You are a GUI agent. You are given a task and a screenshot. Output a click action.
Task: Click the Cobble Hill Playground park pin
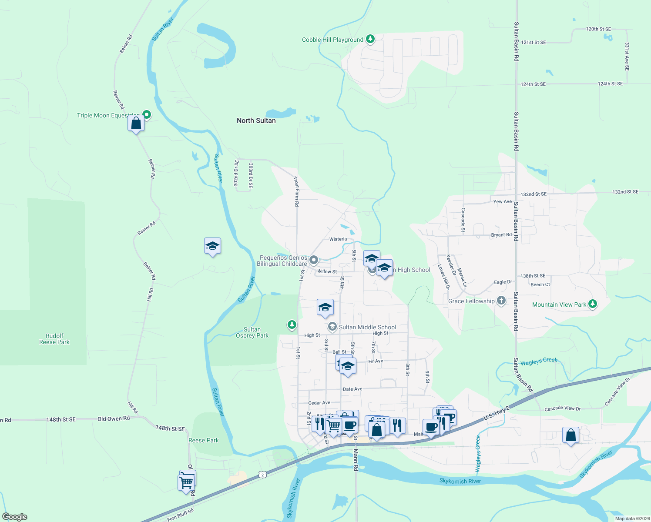[370, 40]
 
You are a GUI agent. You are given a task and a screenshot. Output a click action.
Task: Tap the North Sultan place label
[256, 120]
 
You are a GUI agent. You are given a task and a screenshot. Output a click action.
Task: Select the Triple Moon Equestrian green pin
[147, 115]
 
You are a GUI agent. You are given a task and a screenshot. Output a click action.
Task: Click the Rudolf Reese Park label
[54, 339]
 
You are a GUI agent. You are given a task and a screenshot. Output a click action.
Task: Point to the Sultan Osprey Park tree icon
[292, 325]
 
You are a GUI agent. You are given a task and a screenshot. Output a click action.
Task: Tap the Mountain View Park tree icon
[592, 304]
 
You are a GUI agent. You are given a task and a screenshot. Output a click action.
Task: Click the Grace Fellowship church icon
[501, 301]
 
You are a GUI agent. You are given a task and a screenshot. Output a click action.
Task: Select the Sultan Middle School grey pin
[332, 327]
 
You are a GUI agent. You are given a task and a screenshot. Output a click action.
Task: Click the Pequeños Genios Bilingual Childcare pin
[313, 261]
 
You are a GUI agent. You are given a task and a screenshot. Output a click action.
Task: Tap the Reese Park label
[204, 440]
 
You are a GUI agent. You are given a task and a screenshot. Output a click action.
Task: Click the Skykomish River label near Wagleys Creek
[460, 481]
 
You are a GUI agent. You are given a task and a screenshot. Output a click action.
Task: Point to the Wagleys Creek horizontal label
[539, 361]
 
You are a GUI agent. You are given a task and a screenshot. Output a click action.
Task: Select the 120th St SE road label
[598, 29]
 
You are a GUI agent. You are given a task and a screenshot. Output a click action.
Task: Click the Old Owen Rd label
[114, 418]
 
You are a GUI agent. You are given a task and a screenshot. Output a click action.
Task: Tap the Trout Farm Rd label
[296, 191]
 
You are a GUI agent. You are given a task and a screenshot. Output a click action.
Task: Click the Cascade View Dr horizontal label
[562, 408]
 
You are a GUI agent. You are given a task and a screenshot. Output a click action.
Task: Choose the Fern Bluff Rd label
[180, 514]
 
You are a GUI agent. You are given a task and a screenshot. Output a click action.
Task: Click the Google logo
[15, 516]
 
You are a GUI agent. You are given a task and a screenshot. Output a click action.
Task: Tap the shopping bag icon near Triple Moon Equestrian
[136, 124]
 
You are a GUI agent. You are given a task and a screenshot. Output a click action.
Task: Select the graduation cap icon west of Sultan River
[212, 246]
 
